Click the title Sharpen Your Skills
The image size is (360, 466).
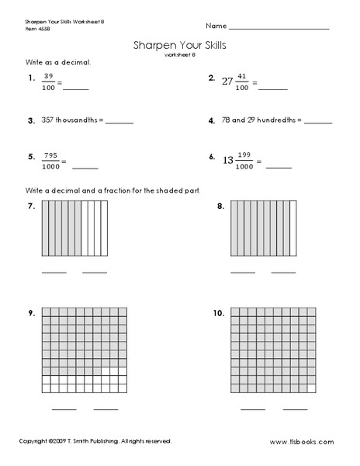(x=180, y=46)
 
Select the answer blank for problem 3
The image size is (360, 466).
(x=119, y=123)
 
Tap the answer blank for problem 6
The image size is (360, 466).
(x=279, y=166)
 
